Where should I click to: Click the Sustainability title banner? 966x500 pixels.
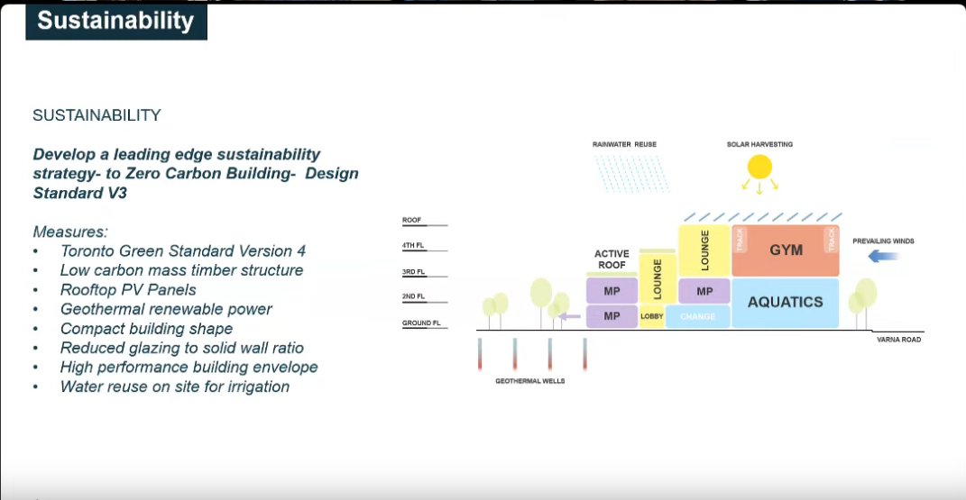(x=115, y=22)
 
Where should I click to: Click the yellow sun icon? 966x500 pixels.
(x=759, y=167)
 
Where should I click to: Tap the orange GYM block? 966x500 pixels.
(x=786, y=250)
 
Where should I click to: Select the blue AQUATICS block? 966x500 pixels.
(x=786, y=303)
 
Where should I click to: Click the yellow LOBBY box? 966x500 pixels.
(x=652, y=316)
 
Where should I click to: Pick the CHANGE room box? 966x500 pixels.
(x=698, y=316)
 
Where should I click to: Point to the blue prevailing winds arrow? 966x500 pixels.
(x=882, y=255)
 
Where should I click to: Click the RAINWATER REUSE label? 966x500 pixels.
(x=624, y=144)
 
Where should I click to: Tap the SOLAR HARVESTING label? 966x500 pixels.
(x=759, y=144)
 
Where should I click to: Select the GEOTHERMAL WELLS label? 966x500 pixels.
(x=529, y=381)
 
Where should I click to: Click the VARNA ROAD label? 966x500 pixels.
(x=899, y=340)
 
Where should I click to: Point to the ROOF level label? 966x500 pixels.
(x=411, y=220)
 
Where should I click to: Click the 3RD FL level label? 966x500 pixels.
(x=413, y=272)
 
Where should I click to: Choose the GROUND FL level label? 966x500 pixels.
(x=421, y=323)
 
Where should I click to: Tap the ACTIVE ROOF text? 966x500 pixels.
(x=612, y=259)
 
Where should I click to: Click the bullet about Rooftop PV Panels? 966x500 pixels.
(x=128, y=290)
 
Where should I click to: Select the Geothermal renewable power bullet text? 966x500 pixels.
(x=166, y=309)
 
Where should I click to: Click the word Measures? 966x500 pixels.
(x=70, y=232)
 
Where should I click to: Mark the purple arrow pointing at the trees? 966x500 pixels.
(x=569, y=317)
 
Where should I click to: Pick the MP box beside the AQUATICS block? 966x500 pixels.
(x=704, y=292)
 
